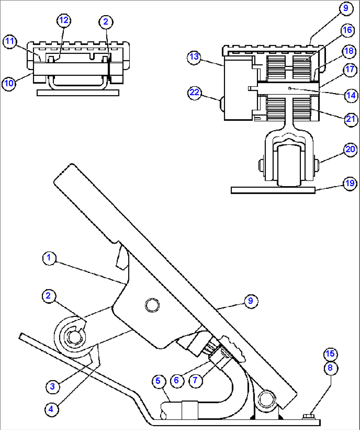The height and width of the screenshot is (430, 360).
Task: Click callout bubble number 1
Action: (x=49, y=257)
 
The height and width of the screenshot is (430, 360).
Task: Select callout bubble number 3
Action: (x=52, y=386)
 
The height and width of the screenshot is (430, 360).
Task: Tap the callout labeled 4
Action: (x=51, y=409)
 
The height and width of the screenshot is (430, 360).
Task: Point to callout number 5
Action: (x=158, y=381)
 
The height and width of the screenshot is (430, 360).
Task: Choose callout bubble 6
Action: (x=176, y=380)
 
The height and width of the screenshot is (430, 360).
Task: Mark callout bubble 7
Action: (x=195, y=380)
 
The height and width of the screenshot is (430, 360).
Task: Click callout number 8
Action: (x=330, y=368)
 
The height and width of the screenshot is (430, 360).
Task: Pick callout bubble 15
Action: (x=330, y=354)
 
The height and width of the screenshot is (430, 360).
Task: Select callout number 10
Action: (x=9, y=83)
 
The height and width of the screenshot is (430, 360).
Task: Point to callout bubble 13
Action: (x=194, y=57)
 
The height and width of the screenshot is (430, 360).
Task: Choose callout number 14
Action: (x=350, y=95)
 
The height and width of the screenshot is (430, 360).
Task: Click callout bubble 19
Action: (x=350, y=183)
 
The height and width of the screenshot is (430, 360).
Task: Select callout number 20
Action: (x=350, y=149)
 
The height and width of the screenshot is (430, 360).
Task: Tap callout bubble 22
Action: (x=194, y=92)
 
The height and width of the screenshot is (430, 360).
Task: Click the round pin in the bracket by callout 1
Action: (x=152, y=305)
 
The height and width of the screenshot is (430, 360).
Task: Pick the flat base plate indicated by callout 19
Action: (x=273, y=190)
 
